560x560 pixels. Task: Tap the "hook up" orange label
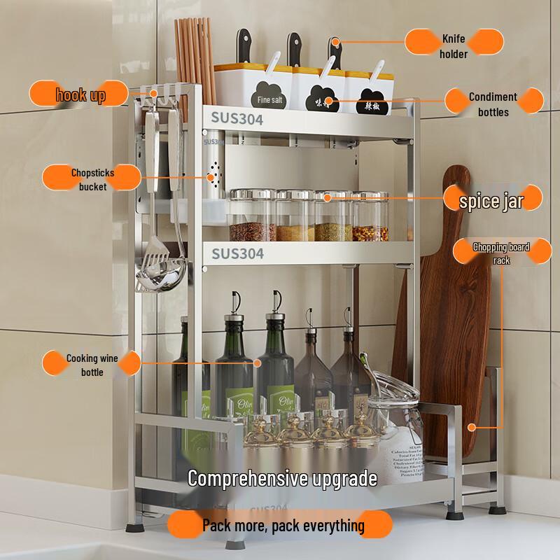click(x=80, y=94)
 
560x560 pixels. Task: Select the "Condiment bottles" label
click(x=493, y=104)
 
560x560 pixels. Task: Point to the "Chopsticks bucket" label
click(x=92, y=179)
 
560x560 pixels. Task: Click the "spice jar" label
click(x=491, y=202)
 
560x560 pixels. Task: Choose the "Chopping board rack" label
click(x=501, y=253)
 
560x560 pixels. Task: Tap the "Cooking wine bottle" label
click(x=92, y=365)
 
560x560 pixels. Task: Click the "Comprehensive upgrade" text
click(x=282, y=479)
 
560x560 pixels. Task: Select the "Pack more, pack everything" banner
click(x=283, y=524)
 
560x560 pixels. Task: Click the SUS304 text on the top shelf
click(x=237, y=120)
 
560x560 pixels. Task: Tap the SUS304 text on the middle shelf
click(x=237, y=253)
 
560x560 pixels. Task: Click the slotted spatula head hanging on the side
click(x=155, y=270)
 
